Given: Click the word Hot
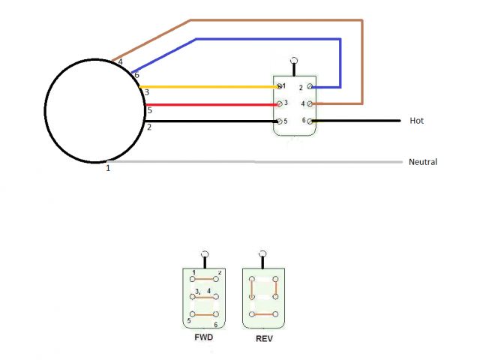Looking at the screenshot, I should pyautogui.click(x=418, y=120).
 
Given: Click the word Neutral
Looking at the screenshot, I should pyautogui.click(x=423, y=161).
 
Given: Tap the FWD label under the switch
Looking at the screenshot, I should pyautogui.click(x=202, y=337).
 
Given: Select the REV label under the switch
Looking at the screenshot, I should pyautogui.click(x=263, y=337).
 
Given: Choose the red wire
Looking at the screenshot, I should pyautogui.click(x=210, y=104).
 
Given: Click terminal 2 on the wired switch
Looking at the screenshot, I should pyautogui.click(x=310, y=87).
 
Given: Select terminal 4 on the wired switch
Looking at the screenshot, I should pyautogui.click(x=310, y=103).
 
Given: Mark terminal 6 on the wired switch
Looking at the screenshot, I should pyautogui.click(x=311, y=121).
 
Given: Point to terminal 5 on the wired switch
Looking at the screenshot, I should pyautogui.click(x=279, y=121).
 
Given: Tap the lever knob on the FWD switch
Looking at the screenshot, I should pyautogui.click(x=204, y=254).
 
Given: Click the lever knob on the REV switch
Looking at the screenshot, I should pyautogui.click(x=263, y=254).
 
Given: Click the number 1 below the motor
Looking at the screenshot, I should pyautogui.click(x=108, y=168).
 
